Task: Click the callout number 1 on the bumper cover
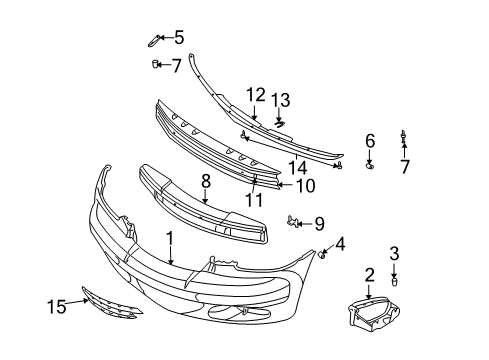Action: click(170, 239)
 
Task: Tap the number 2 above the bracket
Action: click(369, 274)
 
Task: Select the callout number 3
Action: click(394, 254)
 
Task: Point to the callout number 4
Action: click(341, 243)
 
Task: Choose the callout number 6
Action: click(369, 141)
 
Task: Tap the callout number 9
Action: click(319, 222)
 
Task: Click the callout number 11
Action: click(252, 200)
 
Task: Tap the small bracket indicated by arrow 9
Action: click(294, 220)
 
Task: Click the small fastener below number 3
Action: click(394, 281)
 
